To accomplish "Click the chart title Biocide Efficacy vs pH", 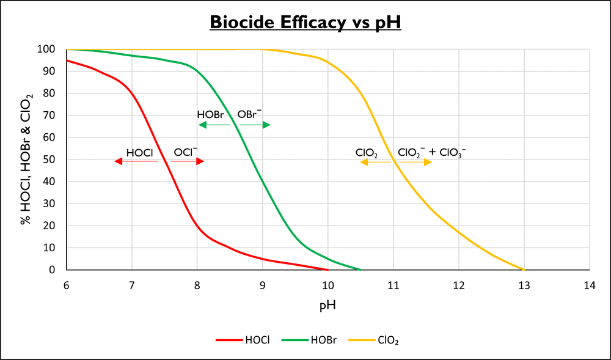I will [305, 22].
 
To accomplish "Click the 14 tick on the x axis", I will [589, 285].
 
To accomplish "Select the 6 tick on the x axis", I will [66, 285].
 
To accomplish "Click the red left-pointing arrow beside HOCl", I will [136, 161].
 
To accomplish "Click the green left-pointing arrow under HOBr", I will [214, 125].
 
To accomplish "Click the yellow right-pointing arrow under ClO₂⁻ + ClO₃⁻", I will [413, 162].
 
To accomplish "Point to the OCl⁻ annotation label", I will [186, 152].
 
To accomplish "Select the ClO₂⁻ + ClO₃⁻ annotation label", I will [431, 152].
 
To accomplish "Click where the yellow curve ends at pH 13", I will [524, 270].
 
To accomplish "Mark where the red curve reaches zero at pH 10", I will [327, 270].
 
